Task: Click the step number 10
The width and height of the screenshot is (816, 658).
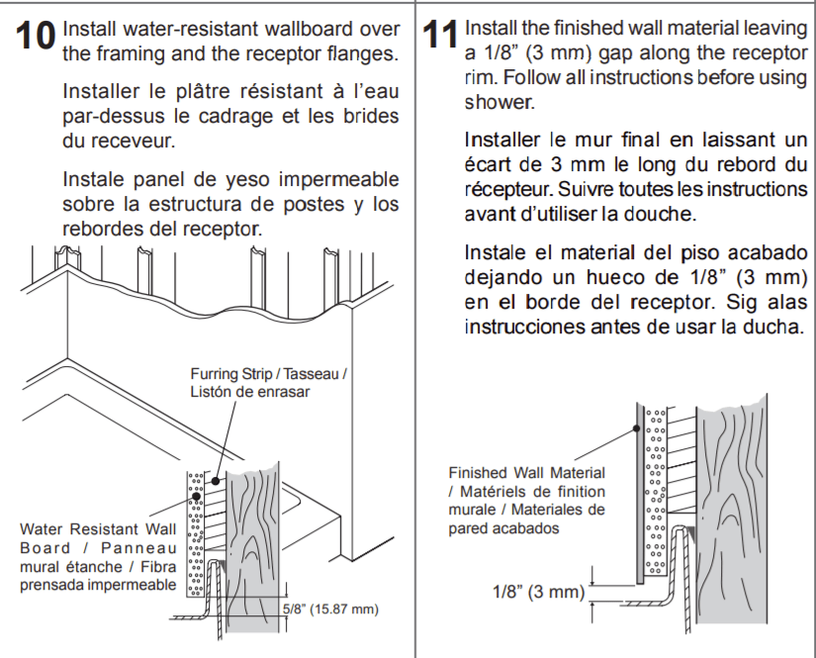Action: coord(36,36)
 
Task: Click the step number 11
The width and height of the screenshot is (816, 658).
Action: coord(440,35)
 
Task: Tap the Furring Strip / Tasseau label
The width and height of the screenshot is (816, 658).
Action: coord(268,383)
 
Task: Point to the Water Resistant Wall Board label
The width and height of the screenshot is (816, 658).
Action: coord(98,557)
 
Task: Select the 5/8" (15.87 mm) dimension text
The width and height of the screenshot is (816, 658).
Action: coord(330,610)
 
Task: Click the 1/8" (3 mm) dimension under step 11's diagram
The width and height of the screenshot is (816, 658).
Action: coord(539,592)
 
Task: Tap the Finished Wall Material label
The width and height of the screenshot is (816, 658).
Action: coord(526,501)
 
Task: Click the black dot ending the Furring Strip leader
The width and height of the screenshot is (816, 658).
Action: coord(216,481)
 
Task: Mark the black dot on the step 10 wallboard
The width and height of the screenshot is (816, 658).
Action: coord(196,496)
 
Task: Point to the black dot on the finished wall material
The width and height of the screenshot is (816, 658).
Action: coord(636,429)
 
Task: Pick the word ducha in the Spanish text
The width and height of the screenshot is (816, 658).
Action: coord(777,327)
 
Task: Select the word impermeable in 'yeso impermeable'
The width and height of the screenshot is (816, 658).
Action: coord(339,180)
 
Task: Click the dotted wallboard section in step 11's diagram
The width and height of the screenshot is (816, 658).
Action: coord(655,492)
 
